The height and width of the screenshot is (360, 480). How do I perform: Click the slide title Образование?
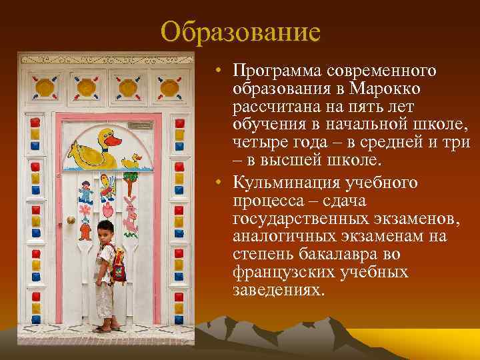click(241, 31)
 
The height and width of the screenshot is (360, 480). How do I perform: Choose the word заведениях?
click(277, 291)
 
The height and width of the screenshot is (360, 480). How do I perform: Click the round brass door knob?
click(71, 220)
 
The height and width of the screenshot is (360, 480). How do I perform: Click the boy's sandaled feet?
click(108, 327)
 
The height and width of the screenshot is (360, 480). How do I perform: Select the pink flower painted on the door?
click(85, 209)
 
